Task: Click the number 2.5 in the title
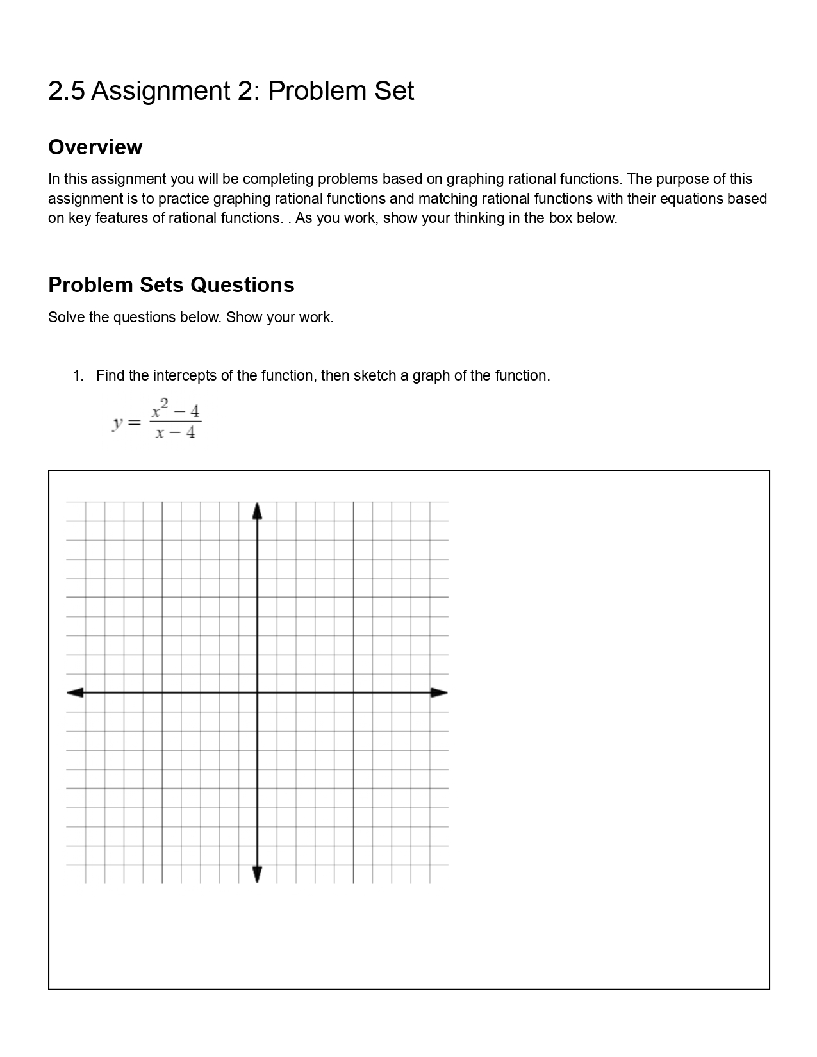point(66,91)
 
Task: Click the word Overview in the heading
point(95,147)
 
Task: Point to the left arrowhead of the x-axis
point(75,692)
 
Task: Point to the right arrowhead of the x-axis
point(439,692)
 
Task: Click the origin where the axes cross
point(258,692)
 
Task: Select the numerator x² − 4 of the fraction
point(175,409)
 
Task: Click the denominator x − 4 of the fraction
point(175,433)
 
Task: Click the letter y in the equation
point(117,423)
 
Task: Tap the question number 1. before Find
point(78,375)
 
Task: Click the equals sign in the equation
point(134,423)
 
